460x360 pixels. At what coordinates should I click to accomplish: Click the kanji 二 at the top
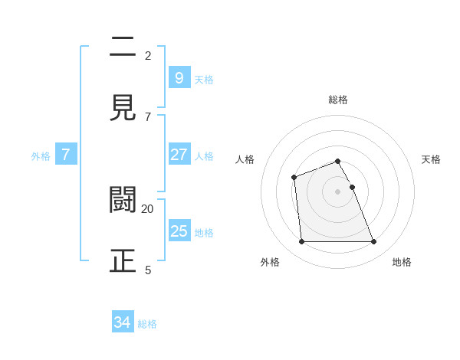click(123, 47)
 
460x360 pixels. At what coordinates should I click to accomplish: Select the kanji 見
click(123, 107)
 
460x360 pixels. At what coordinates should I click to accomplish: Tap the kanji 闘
click(123, 199)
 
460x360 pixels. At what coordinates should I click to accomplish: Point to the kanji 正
click(123, 260)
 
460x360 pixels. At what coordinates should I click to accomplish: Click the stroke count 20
click(147, 208)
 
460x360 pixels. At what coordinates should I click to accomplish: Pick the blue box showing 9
click(179, 77)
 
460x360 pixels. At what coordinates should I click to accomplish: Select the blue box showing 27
click(179, 155)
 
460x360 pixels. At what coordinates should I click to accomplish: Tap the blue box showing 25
click(179, 231)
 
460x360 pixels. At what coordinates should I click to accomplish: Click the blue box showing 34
click(123, 322)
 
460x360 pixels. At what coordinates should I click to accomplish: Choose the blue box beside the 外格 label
click(66, 155)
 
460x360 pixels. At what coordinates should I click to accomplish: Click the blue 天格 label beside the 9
click(204, 79)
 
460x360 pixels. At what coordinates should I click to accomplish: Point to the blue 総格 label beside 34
click(147, 324)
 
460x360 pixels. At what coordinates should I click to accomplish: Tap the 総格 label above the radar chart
click(338, 100)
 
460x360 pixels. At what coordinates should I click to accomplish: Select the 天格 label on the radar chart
click(432, 159)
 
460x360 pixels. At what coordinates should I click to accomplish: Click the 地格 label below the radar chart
click(402, 262)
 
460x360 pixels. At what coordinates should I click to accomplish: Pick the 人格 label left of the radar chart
click(245, 159)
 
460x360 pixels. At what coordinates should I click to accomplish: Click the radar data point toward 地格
click(374, 242)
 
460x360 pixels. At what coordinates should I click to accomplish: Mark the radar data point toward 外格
click(301, 242)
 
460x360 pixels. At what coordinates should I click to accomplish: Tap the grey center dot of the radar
click(338, 191)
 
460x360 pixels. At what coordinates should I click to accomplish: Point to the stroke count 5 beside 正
click(148, 270)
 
